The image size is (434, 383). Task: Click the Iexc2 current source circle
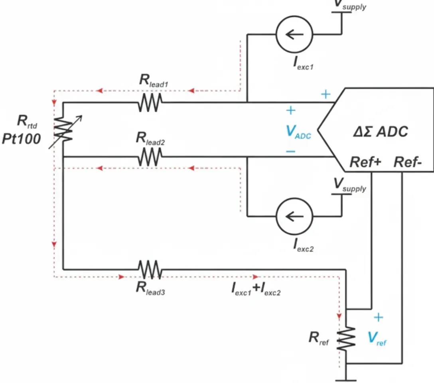[x=294, y=217]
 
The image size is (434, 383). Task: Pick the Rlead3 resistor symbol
[x=150, y=269]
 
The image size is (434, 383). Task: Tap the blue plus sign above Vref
[x=378, y=317]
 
